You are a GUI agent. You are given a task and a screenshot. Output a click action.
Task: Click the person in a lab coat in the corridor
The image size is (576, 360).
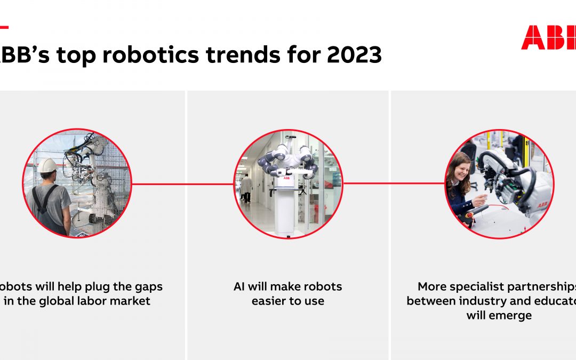pos(246,188)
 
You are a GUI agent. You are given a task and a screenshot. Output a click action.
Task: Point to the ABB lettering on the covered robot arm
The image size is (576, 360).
pos(542,204)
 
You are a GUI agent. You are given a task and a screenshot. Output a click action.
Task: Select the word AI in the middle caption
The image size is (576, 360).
pos(239,287)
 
